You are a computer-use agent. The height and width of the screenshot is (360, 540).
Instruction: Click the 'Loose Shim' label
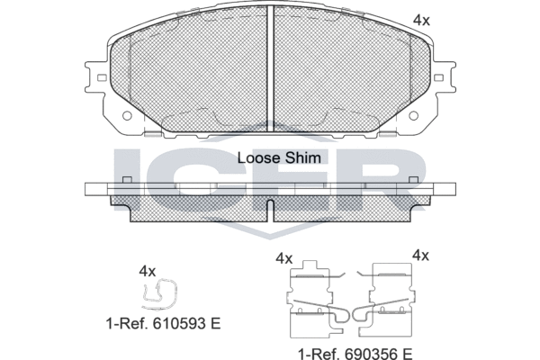tap(279, 157)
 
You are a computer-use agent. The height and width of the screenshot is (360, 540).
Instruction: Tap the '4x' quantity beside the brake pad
tap(421, 21)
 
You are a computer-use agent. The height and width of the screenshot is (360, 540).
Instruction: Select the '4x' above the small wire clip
tap(148, 272)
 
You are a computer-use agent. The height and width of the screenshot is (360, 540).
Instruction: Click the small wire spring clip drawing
tap(159, 294)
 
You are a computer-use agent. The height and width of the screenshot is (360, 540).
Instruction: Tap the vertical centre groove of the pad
tap(270, 69)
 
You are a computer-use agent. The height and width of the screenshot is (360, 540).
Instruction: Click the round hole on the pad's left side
tap(127, 116)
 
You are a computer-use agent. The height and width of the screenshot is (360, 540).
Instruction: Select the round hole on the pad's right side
tap(414, 116)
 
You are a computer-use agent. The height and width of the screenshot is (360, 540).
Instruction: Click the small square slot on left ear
tap(102, 78)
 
